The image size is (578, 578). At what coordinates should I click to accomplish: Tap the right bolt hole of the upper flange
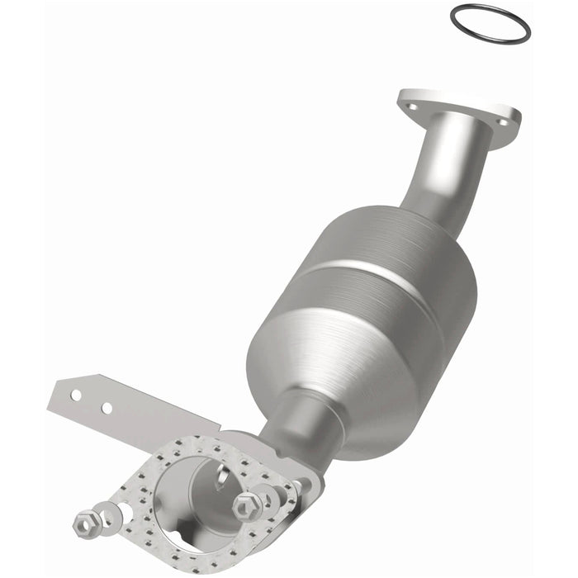pos(503,123)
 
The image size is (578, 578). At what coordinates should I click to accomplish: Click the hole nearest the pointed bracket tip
pos(75,395)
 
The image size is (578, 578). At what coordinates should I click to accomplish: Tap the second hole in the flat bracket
pos(107,408)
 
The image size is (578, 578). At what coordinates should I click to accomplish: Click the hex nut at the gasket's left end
pos(83,522)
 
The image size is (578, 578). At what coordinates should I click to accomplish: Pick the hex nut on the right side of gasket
pos(246,505)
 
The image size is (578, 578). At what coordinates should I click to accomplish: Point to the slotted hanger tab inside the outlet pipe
pos(221,474)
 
